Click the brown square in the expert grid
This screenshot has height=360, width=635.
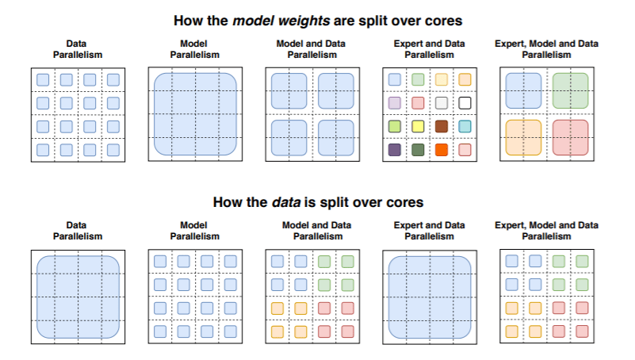tap(442, 126)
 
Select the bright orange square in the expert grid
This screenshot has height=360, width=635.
tap(442, 149)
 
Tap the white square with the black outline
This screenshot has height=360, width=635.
tap(465, 103)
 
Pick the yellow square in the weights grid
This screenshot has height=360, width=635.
tap(418, 126)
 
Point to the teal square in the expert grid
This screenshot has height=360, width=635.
tap(465, 126)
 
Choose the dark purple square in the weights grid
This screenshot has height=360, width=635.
tap(394, 149)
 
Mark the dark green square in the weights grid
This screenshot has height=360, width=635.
tap(418, 149)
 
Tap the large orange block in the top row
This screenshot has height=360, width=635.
tap(523, 137)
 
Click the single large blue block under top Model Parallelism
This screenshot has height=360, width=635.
tap(195, 114)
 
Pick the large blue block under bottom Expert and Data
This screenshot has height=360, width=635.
tap(429, 296)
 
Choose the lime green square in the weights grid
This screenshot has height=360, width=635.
tap(394, 126)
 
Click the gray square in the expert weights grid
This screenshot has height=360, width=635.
tap(442, 103)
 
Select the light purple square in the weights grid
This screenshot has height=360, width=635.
tap(394, 103)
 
